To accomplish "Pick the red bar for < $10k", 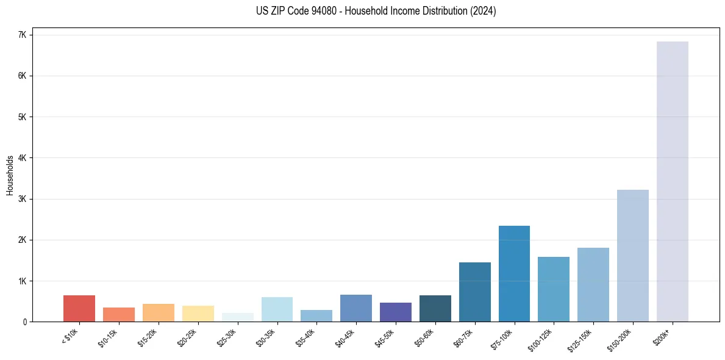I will [79, 308].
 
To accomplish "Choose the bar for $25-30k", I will [237, 317].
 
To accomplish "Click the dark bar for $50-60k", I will [435, 308].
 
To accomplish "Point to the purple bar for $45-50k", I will [395, 312].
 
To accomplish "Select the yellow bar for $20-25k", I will [198, 314].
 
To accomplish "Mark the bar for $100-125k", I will [553, 289].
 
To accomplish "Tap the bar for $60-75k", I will [474, 292].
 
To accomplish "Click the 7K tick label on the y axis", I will [23, 35].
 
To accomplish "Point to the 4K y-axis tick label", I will [23, 158].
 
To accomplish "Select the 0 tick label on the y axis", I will [25, 322].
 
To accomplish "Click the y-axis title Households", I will [10, 175].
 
